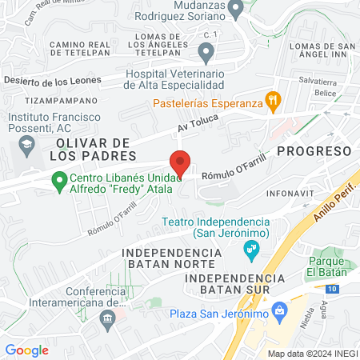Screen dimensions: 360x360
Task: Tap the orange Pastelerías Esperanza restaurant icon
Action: [273, 100]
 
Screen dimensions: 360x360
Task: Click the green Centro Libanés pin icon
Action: [58, 182]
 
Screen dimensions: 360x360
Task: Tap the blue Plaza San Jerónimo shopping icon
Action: [279, 310]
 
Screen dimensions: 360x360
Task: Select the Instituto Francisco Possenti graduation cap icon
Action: [25, 145]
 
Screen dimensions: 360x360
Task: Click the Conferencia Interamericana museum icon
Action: [106, 318]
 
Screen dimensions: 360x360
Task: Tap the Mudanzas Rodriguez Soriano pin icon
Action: [234, 10]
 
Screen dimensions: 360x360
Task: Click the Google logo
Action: [26, 350]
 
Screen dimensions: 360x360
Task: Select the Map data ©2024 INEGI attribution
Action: [310, 353]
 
